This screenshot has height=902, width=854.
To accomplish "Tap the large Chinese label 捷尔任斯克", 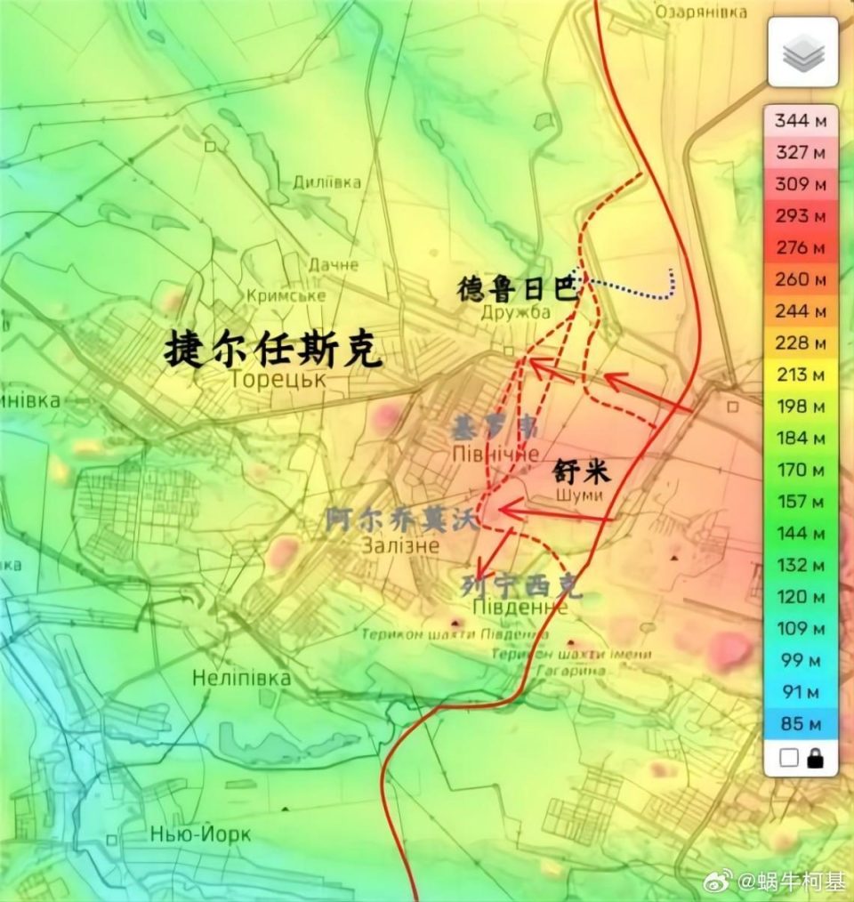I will (x=274, y=350).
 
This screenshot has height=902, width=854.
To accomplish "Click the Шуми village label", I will (x=578, y=495).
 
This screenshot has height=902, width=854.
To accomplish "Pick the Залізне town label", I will (x=400, y=545).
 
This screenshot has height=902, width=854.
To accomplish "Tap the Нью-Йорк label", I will (x=201, y=835).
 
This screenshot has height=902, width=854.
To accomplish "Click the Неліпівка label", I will (x=241, y=679).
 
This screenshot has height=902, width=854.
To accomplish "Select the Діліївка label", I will (x=327, y=182).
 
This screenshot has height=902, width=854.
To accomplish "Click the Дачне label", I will (x=334, y=265).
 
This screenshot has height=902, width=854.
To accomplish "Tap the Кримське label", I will (x=285, y=294).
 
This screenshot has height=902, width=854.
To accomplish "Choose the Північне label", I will (x=495, y=455).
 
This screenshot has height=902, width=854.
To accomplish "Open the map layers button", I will (x=802, y=52).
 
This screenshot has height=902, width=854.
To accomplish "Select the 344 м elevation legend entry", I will (x=801, y=120).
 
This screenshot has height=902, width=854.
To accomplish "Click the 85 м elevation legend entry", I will (x=801, y=723).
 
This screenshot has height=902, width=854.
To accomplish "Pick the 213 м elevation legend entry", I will (x=801, y=374).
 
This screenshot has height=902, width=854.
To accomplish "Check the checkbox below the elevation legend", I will (x=787, y=758).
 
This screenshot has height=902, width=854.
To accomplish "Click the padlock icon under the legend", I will (x=814, y=758).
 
